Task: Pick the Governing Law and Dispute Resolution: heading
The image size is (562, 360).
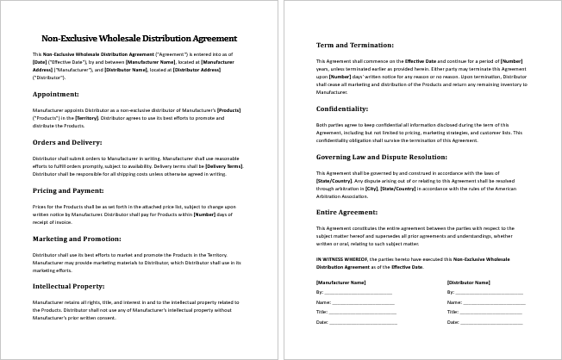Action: pos(383,158)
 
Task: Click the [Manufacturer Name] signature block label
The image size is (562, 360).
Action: pos(341,282)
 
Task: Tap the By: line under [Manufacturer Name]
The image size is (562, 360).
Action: pos(353,292)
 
